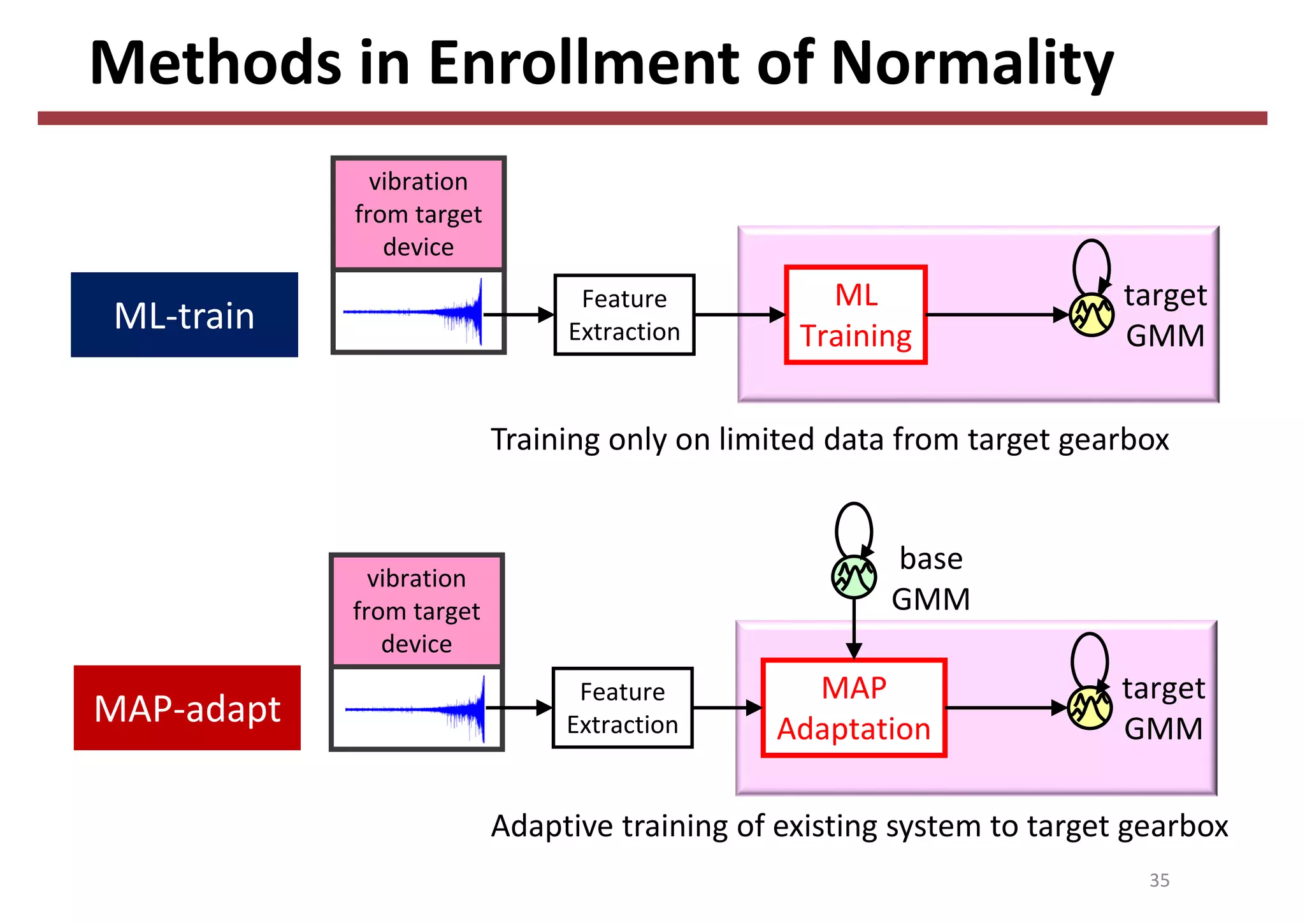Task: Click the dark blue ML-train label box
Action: tap(184, 315)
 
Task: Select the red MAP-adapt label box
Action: tap(187, 708)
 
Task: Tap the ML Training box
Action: tap(856, 315)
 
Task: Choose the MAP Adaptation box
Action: tap(854, 708)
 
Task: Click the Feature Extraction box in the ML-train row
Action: tap(624, 315)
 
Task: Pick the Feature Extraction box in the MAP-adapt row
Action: tap(622, 708)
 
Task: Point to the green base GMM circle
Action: tap(854, 577)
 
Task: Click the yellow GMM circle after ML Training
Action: tap(1091, 315)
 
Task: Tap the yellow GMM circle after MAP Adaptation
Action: tap(1090, 708)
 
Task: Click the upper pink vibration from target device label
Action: tap(419, 214)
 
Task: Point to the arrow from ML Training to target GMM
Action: tap(994, 315)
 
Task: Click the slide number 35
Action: tap(1159, 880)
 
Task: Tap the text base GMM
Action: tap(930, 579)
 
